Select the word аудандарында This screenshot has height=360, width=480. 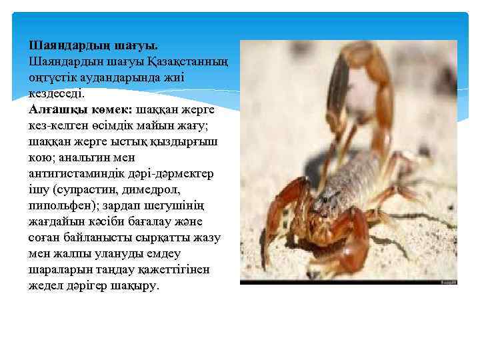tap(127, 77)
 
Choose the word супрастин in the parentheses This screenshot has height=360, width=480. tap(83, 189)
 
